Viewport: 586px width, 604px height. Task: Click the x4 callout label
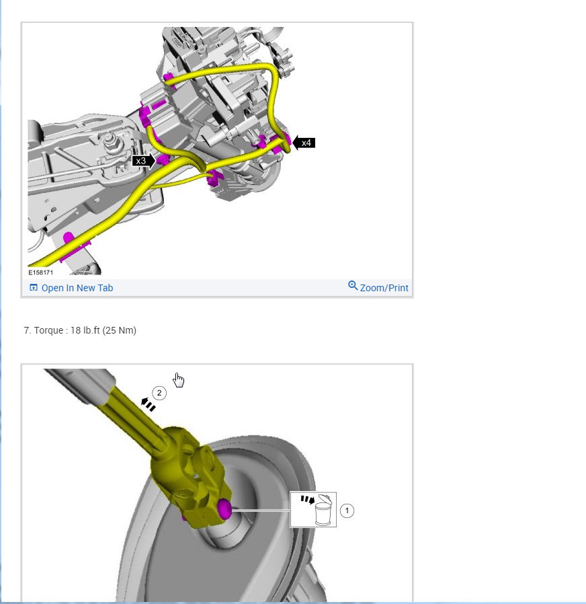pos(304,143)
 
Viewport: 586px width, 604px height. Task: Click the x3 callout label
pos(144,161)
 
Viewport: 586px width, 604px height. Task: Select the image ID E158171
pos(41,272)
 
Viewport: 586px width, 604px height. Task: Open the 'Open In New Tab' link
pos(77,288)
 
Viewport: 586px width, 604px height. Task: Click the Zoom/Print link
pos(384,288)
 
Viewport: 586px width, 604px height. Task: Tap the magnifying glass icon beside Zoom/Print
pos(353,285)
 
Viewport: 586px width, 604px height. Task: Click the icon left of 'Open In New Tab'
pos(34,287)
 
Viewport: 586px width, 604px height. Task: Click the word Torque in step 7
pos(48,330)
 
